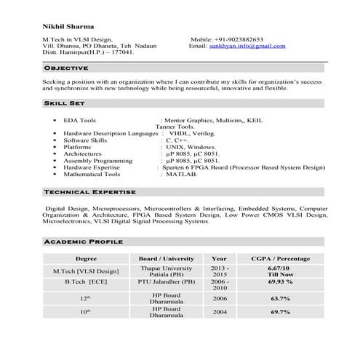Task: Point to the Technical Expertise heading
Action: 89,191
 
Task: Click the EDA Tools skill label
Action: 79,120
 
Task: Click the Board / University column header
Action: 167,258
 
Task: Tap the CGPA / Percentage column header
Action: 280,258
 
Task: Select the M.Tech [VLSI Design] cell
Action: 86,271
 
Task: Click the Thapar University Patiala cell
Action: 167,271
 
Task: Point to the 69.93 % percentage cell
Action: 280,281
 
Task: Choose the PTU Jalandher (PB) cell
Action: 167,281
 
